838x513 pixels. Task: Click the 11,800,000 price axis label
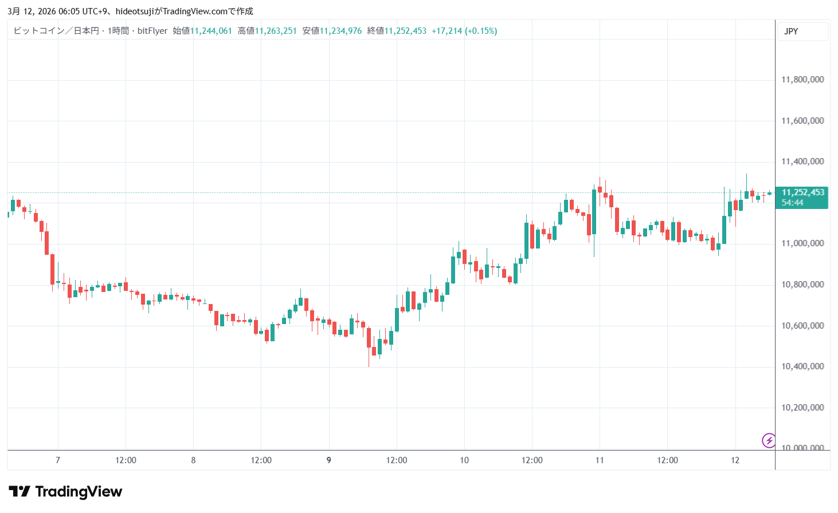[802, 80]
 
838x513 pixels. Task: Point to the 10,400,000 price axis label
[802, 366]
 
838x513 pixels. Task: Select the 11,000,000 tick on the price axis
[802, 243]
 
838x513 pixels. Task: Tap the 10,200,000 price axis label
[802, 408]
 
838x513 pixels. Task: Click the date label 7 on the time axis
[58, 460]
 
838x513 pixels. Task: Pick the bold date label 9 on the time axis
[328, 460]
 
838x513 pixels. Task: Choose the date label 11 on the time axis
[600, 460]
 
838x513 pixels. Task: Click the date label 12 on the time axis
[735, 460]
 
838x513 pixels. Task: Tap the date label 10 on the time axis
[464, 460]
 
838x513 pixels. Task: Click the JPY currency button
[792, 31]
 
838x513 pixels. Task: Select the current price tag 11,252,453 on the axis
[802, 192]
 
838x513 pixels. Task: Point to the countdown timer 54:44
[793, 203]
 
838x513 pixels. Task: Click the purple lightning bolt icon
[769, 440]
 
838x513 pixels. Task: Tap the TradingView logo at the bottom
[66, 492]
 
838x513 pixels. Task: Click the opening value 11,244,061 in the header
[211, 31]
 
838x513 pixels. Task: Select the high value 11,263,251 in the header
[276, 31]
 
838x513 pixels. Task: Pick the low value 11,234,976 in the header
[340, 31]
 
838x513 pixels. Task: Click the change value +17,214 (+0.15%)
[464, 31]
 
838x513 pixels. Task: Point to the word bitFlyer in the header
[152, 31]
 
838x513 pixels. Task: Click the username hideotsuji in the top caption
[135, 11]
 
